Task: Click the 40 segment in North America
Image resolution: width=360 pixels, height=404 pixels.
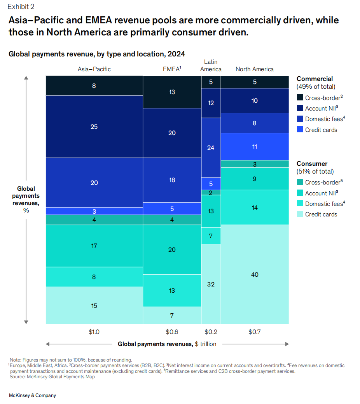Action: coord(255,274)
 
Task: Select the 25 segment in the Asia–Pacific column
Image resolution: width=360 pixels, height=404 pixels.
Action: coord(94,126)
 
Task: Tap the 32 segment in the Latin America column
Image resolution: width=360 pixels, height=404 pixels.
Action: coord(211,284)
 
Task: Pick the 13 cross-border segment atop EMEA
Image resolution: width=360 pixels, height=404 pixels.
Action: coord(172,92)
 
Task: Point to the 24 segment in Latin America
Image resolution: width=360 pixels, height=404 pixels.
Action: coord(211,148)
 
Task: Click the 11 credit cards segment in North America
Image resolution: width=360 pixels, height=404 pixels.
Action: coord(255,146)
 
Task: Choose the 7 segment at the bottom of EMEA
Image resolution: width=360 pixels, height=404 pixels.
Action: coord(172,315)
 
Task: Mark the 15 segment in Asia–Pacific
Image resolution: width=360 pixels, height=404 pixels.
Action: coord(94,306)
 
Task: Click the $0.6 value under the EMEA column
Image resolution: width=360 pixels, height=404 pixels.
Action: coord(172,332)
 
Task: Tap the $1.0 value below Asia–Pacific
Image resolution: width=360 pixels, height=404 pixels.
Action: coord(94,332)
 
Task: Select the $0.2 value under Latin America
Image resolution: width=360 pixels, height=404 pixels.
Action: coord(211,332)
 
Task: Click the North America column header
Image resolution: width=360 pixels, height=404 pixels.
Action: coord(255,69)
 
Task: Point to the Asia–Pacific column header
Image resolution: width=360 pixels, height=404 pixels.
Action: coord(94,69)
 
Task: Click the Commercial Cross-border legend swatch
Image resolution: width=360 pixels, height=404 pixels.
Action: coord(300,98)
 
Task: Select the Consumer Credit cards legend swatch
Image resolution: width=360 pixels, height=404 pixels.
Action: coord(300,214)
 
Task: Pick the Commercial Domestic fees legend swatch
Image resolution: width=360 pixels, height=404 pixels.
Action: coord(300,119)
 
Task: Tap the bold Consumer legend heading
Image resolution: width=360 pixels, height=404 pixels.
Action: coord(312,163)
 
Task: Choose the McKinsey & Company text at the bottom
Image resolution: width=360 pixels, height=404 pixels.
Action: coord(32,395)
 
